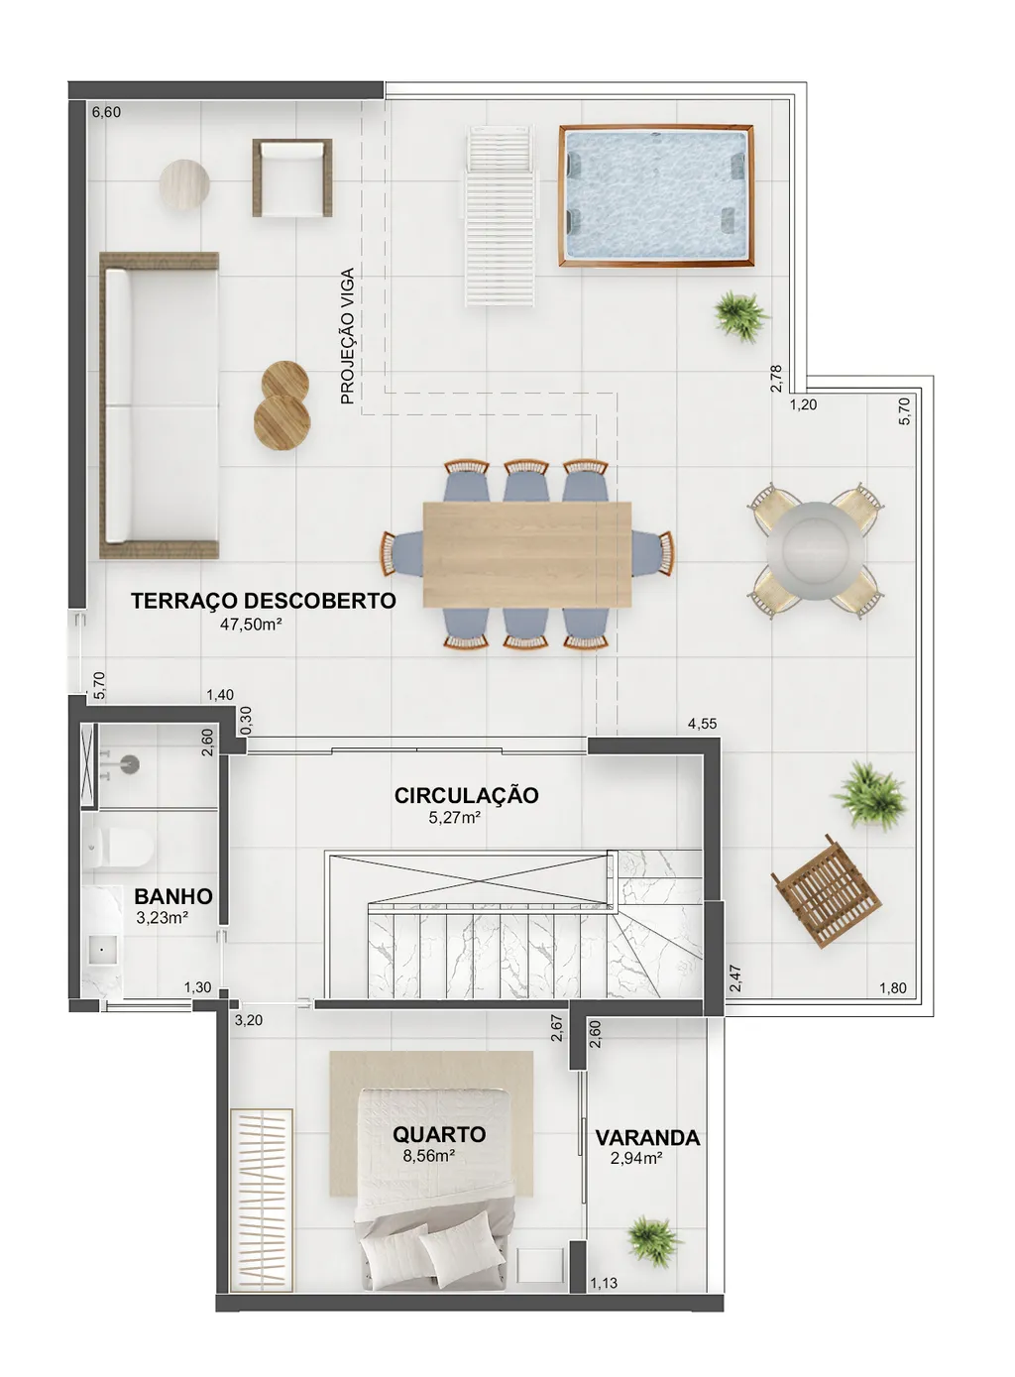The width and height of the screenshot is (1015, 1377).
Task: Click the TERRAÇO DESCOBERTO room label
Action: pyautogui.click(x=263, y=601)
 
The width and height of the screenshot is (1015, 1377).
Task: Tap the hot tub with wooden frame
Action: pyautogui.click(x=656, y=195)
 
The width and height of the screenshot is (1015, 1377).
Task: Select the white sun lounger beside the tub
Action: pyautogui.click(x=501, y=215)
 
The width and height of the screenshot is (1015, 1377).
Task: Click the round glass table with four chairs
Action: pyautogui.click(x=815, y=550)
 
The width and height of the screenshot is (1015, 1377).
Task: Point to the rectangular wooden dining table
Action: pyautogui.click(x=527, y=554)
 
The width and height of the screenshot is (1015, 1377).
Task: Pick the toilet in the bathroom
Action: pyautogui.click(x=117, y=847)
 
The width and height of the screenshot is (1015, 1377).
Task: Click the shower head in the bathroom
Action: pyautogui.click(x=129, y=764)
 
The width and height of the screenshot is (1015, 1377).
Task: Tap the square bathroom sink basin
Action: pyautogui.click(x=102, y=950)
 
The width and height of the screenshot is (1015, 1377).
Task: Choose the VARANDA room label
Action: pyautogui.click(x=647, y=1138)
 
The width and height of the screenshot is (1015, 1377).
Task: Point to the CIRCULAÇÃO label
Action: pyautogui.click(x=466, y=795)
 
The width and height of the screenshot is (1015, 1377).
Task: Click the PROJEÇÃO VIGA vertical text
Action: pyautogui.click(x=347, y=336)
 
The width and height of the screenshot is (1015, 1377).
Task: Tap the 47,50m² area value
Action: pyautogui.click(x=251, y=625)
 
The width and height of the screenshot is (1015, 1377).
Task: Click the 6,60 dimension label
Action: pyautogui.click(x=106, y=112)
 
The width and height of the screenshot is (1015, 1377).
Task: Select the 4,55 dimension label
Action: pyautogui.click(x=702, y=724)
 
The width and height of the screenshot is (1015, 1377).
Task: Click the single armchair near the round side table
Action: pyautogui.click(x=292, y=177)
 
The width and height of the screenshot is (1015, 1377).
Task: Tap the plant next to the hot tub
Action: pyautogui.click(x=740, y=316)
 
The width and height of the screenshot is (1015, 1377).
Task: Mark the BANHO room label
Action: pyautogui.click(x=173, y=896)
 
